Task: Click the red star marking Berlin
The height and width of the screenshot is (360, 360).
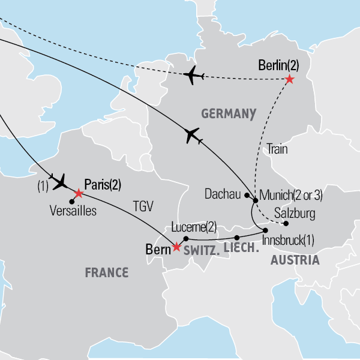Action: pos(290,79)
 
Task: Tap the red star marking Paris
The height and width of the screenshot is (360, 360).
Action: pos(78,193)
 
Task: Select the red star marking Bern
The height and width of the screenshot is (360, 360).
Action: pos(176,247)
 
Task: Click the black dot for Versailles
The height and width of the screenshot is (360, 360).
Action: pos(72,202)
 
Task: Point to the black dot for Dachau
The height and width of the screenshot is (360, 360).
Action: pos(247,194)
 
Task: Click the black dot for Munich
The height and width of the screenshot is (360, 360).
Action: pos(256,200)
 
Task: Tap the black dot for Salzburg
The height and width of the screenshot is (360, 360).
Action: pos(286,224)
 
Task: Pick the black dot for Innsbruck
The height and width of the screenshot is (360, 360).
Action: pos(264,230)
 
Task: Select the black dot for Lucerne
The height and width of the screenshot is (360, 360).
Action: pos(187,238)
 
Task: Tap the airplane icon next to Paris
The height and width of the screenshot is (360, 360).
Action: pos(60,181)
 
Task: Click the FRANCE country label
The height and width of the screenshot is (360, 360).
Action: pos(106,273)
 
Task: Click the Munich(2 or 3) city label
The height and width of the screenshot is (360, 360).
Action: pos(291,195)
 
